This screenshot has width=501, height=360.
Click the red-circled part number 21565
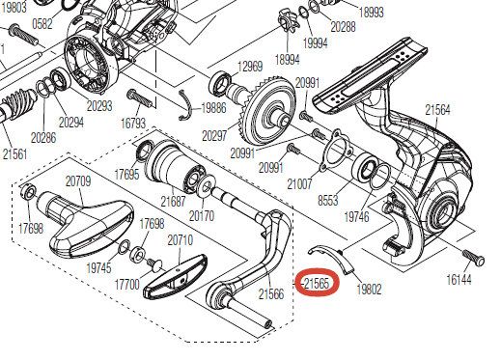318,284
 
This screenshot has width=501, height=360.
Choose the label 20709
77,180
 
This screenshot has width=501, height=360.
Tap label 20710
181,238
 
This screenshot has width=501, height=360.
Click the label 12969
251,67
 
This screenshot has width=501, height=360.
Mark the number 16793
133,124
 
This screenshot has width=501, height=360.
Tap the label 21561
14,153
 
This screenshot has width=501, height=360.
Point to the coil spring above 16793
142,99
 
